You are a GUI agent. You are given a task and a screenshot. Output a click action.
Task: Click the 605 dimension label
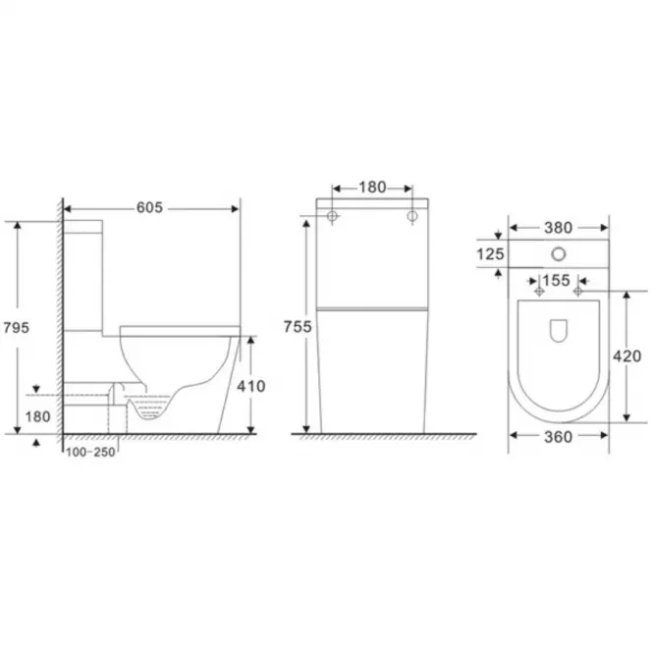coord(149,207)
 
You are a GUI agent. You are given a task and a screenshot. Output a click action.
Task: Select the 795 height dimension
coord(17,328)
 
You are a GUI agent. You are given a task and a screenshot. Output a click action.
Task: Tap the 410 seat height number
coord(251,387)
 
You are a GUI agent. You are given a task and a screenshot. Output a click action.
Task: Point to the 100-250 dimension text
coord(90,452)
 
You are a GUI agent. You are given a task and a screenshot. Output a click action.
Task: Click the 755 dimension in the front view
coord(298,327)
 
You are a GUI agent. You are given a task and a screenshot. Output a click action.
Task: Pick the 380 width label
coord(559,228)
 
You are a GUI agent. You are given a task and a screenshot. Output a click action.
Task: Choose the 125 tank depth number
coord(490,254)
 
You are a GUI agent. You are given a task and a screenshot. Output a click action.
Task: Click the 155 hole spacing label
coord(557,280)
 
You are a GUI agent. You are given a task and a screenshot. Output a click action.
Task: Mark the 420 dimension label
coord(626,356)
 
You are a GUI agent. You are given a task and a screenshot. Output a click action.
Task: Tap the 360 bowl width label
coord(559,437)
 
